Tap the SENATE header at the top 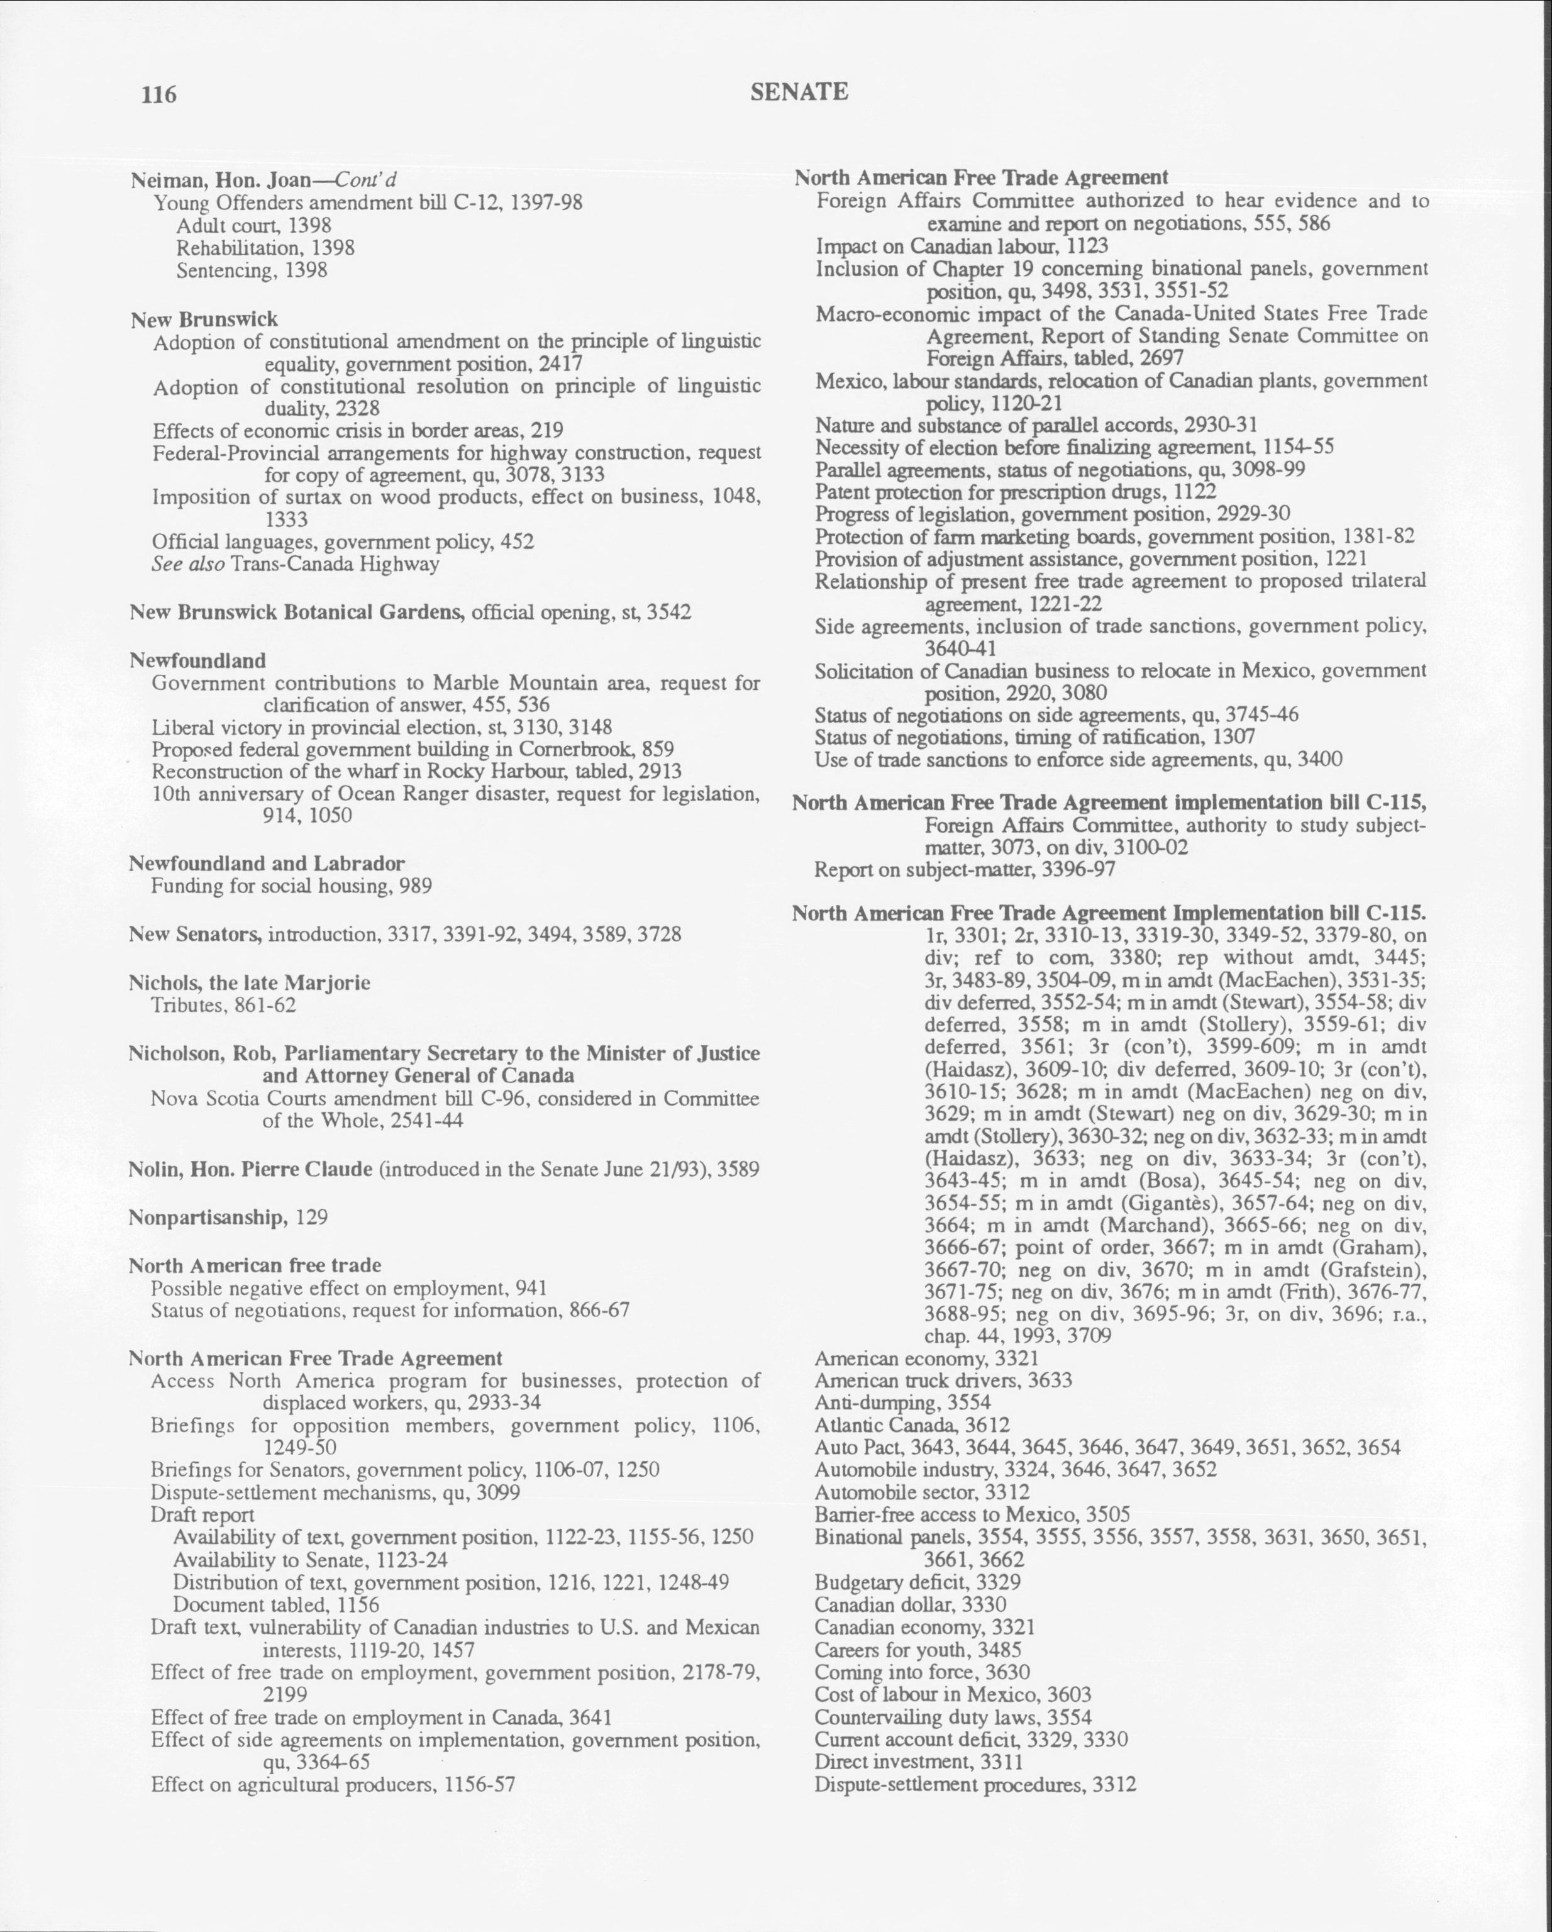(799, 91)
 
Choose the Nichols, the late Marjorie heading (249, 982)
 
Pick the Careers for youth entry (917, 1649)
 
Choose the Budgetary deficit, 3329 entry (917, 1582)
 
